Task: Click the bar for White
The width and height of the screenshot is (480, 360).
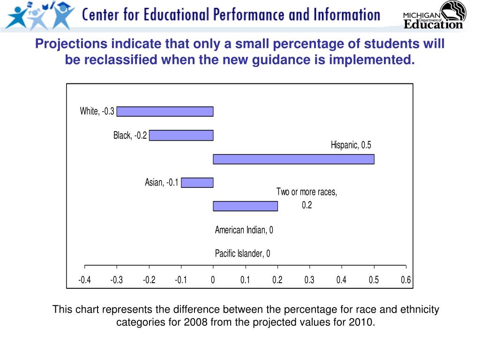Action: pyautogui.click(x=165, y=112)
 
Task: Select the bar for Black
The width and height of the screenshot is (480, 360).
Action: pyautogui.click(x=181, y=135)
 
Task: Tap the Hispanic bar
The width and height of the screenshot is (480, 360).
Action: pyautogui.click(x=293, y=159)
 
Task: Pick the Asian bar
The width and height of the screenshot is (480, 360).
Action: pyautogui.click(x=197, y=183)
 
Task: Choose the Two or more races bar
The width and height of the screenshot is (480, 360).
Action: pyautogui.click(x=245, y=206)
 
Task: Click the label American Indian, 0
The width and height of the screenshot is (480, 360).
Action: pyautogui.click(x=244, y=230)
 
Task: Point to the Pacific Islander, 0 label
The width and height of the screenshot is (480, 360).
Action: pyautogui.click(x=242, y=254)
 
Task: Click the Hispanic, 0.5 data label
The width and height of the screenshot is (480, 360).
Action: pyautogui.click(x=351, y=145)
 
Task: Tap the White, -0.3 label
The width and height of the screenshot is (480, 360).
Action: pyautogui.click(x=97, y=112)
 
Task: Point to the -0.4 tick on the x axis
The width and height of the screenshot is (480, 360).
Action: pyautogui.click(x=84, y=280)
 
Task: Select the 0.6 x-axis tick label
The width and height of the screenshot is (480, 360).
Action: pyautogui.click(x=406, y=280)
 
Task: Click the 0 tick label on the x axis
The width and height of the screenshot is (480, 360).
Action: pyautogui.click(x=213, y=280)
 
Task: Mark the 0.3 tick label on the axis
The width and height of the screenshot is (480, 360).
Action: pyautogui.click(x=309, y=280)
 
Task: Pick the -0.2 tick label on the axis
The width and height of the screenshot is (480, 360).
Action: pyautogui.click(x=149, y=280)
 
